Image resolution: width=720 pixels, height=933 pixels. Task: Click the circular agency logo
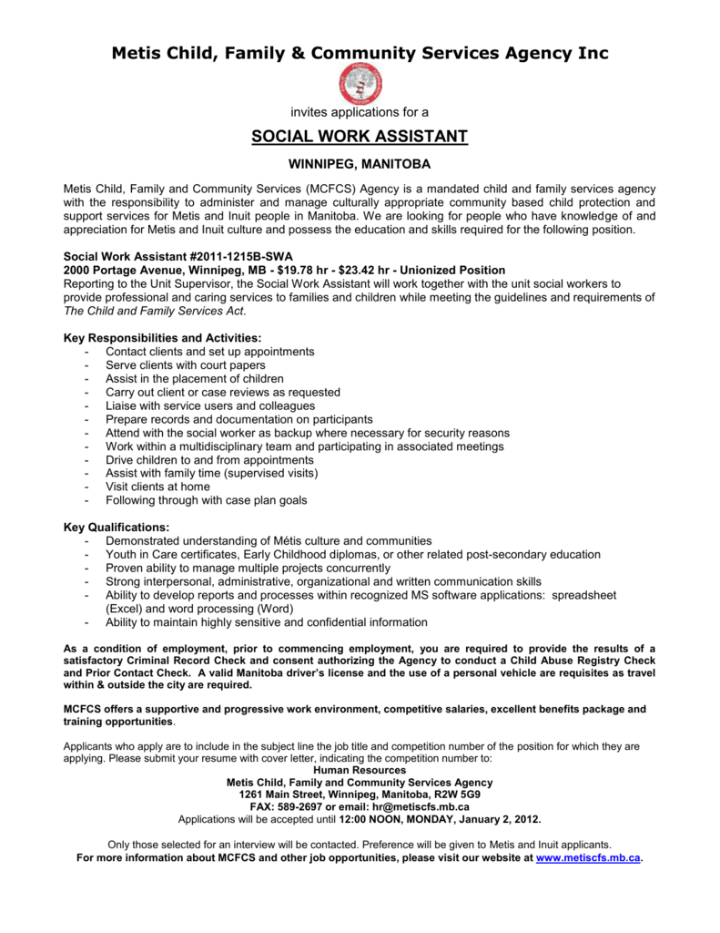[x=360, y=84]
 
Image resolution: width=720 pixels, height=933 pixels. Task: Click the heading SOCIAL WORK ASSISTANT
[x=360, y=137]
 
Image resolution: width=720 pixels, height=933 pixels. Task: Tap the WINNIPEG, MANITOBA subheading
[x=360, y=165]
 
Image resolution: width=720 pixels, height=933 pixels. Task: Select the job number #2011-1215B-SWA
[x=210, y=257]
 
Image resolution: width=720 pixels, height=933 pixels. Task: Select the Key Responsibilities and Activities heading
[x=162, y=338]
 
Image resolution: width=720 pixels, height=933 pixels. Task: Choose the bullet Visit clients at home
[x=157, y=487]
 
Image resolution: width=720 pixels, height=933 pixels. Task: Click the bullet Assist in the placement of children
[x=195, y=378]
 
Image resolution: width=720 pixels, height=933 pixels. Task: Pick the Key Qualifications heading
[x=117, y=528]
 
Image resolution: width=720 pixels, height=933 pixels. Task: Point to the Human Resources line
[x=360, y=770]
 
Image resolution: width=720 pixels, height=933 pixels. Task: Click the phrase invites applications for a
[x=360, y=112]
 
